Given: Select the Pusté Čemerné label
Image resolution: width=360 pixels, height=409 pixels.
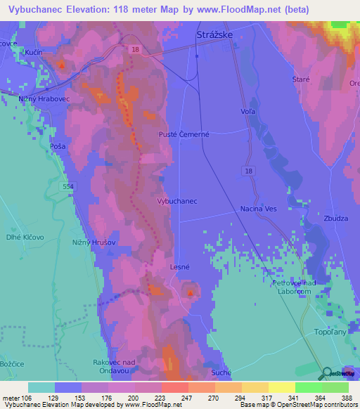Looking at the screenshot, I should pos(183,134).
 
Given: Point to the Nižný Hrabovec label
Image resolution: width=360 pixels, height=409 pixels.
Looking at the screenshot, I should pos(41,100).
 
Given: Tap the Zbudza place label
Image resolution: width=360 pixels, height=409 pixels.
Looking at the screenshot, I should pos(335,219).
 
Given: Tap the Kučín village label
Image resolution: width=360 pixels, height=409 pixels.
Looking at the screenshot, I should pos(33,53).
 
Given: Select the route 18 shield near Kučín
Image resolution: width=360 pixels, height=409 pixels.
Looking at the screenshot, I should pos(134,48).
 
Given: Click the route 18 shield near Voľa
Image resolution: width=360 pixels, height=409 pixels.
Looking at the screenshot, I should pos(250,171).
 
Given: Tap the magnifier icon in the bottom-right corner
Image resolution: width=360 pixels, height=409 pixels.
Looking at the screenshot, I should pos(327,373).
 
